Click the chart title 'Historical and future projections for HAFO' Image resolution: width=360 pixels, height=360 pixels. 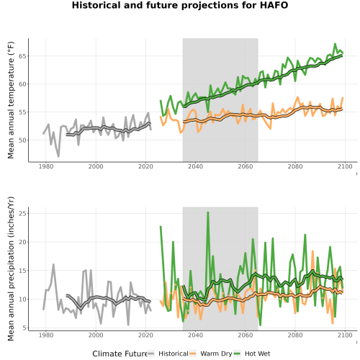(x=180, y=5)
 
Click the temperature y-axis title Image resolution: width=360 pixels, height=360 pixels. (x=11, y=100)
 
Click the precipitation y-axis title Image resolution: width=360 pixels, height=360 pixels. (x=11, y=269)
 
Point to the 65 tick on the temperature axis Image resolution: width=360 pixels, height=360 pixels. (x=22, y=56)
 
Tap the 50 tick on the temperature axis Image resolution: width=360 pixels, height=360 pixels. (x=22, y=140)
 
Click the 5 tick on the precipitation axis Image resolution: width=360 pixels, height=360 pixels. (x=24, y=328)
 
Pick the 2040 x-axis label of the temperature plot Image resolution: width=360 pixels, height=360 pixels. (x=195, y=166)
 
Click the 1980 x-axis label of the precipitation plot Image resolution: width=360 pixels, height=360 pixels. (x=46, y=335)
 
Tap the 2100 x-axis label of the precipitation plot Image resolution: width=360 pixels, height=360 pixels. (x=345, y=335)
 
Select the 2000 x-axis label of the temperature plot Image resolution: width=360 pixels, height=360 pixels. (x=96, y=166)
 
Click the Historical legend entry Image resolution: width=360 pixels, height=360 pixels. (x=168, y=354)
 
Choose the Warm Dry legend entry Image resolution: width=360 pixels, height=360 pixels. (x=211, y=354)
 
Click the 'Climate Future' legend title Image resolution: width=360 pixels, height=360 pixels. (x=120, y=354)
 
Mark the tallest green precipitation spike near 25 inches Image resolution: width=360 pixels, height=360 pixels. (x=208, y=212)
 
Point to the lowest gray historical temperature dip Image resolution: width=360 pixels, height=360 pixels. (x=58, y=156)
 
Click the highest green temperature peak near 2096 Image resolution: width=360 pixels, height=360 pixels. (x=335, y=44)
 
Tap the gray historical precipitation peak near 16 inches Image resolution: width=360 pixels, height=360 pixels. (x=53, y=264)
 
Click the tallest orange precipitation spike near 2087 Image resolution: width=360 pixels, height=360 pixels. (x=312, y=251)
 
